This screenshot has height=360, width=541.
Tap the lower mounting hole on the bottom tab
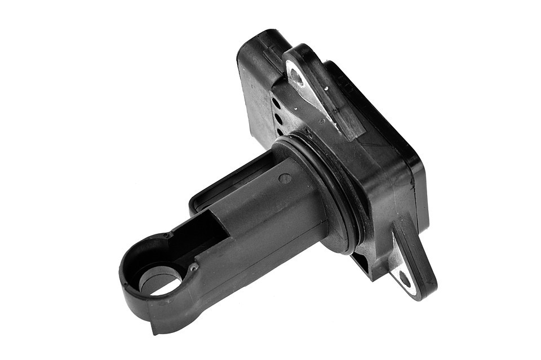click(x=405, y=279)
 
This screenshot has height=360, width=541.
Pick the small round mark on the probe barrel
click(x=285, y=178)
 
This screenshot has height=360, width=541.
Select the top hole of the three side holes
click(x=275, y=103)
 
